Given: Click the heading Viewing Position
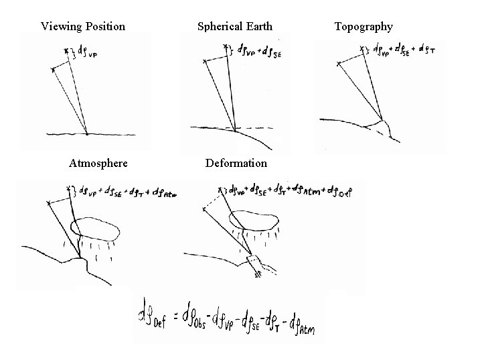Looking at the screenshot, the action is click(82, 27).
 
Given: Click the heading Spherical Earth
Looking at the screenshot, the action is click(235, 27).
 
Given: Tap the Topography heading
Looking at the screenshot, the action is click(364, 27).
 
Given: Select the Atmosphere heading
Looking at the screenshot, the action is click(98, 163).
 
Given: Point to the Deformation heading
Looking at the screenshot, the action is click(236, 163).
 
